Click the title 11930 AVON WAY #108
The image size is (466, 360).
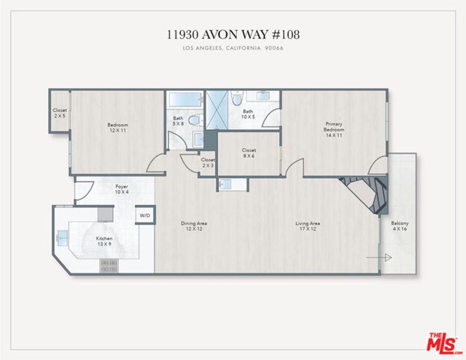[x=233, y=34]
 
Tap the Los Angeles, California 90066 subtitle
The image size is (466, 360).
[x=233, y=48]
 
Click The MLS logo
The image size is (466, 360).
[x=443, y=343]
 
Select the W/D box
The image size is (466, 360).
[x=145, y=215]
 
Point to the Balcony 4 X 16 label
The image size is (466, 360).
[x=400, y=226]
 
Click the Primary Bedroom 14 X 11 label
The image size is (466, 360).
[x=334, y=129]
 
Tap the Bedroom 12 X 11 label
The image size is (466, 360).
[x=118, y=127]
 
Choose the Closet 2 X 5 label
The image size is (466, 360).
[x=59, y=113]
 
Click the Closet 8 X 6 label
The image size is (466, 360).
[x=249, y=153]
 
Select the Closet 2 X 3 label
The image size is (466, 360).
[x=207, y=163]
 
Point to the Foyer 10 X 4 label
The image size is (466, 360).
[x=121, y=189]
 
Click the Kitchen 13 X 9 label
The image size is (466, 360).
[x=104, y=241]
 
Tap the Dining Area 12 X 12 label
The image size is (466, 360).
[x=194, y=226]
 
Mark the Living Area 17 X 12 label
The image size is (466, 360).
[x=308, y=226]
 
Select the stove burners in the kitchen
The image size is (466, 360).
[x=109, y=266]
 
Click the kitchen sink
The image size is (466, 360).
[x=62, y=236]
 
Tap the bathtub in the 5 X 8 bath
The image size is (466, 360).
[x=185, y=99]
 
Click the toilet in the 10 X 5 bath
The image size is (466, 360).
[x=237, y=99]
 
